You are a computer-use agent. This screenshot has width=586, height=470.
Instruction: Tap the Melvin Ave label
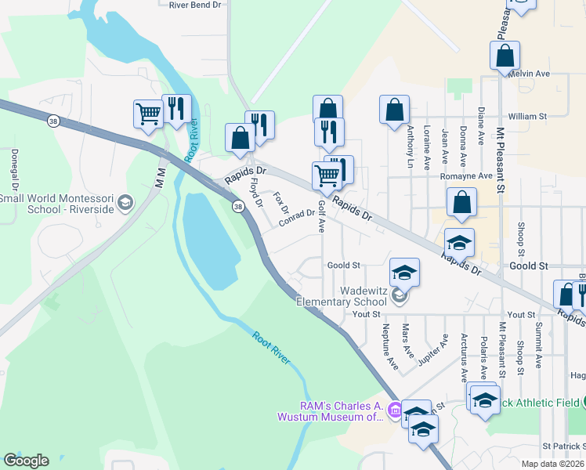tap(529, 74)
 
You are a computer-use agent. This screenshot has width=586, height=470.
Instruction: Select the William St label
tap(527, 116)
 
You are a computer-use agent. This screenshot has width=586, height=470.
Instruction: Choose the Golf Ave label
tap(321, 215)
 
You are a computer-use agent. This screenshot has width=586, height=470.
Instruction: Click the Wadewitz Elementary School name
tap(342, 296)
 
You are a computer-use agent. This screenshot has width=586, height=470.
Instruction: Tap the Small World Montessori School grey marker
tap(124, 204)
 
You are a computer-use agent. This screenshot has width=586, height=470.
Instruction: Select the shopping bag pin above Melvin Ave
tap(505, 56)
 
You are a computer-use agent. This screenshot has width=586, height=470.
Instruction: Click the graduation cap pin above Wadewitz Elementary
tap(404, 273)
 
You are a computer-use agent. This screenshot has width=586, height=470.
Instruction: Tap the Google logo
tap(26, 461)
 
